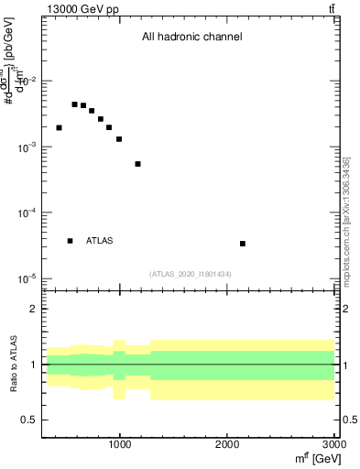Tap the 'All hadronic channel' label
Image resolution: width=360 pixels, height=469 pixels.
(x=191, y=38)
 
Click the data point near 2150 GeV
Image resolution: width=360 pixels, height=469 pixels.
(x=242, y=244)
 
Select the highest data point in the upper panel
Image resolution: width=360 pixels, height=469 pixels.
(x=74, y=104)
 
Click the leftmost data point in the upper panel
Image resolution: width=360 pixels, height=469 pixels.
(x=59, y=127)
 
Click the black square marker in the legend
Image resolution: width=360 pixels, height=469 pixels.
(x=70, y=241)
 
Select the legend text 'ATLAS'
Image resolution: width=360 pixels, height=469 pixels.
(x=100, y=241)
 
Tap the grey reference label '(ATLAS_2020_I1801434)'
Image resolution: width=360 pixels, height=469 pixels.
(x=190, y=274)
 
